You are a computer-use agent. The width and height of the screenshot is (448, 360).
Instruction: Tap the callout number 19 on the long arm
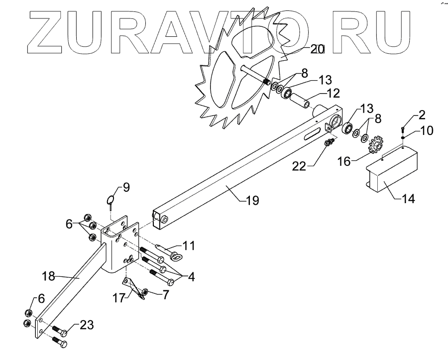[252, 201]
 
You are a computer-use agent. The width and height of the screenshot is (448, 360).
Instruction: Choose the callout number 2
[422, 116]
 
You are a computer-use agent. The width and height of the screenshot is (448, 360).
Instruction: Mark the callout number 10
[426, 131]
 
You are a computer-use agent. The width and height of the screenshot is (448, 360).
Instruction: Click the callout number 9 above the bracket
[126, 188]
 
